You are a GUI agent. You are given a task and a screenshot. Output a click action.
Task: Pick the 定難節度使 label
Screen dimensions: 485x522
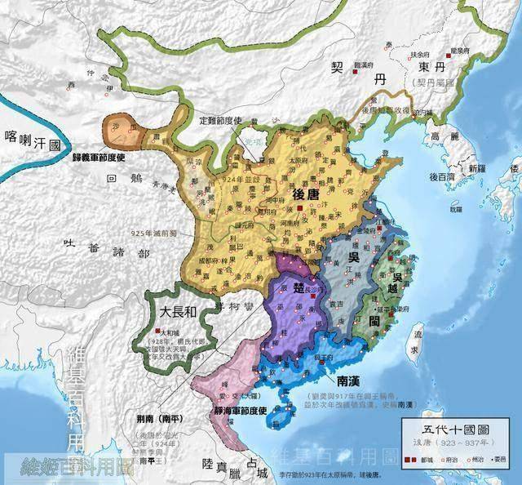(x=221, y=120)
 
